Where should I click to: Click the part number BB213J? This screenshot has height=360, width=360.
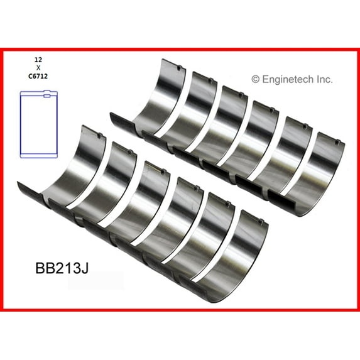coord(62,268)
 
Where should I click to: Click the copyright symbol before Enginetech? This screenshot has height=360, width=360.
coord(255,79)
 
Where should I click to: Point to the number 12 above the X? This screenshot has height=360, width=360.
coord(38,60)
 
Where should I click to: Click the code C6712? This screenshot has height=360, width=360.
coord(38,77)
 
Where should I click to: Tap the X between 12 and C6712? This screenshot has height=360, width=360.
coord(38,68)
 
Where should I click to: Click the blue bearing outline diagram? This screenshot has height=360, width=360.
coord(39,124)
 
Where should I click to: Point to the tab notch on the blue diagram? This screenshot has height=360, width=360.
coord(47,95)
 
